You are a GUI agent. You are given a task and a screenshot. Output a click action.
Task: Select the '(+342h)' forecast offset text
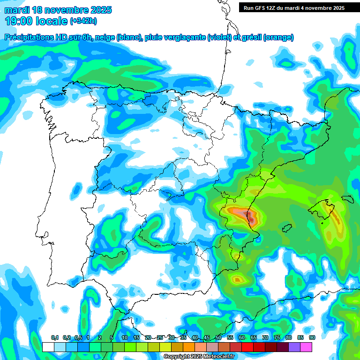(x=83, y=21)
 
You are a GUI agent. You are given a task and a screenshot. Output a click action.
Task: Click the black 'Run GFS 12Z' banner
(x=294, y=7)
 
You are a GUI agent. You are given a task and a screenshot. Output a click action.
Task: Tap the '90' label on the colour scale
(x=312, y=337)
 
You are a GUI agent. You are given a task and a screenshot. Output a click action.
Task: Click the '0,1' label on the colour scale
(x=54, y=337)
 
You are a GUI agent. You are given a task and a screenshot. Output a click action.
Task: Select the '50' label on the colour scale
(x=218, y=337)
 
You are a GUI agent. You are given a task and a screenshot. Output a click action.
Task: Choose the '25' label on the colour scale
(x=160, y=337)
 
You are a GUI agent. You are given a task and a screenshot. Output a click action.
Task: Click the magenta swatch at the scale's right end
(x=306, y=347)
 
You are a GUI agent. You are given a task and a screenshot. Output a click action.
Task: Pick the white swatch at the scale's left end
(x=48, y=347)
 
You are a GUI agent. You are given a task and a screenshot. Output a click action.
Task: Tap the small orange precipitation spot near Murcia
(x=238, y=280)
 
